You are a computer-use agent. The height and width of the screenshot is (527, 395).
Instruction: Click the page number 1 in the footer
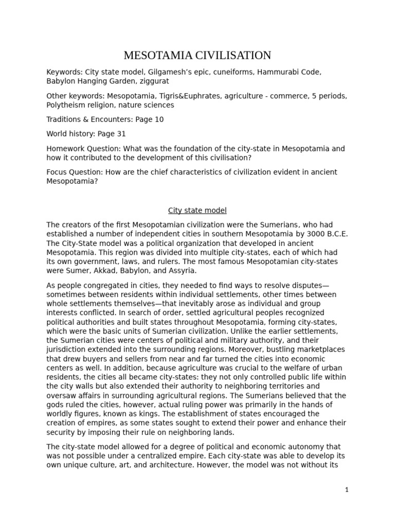tap(347, 490)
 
